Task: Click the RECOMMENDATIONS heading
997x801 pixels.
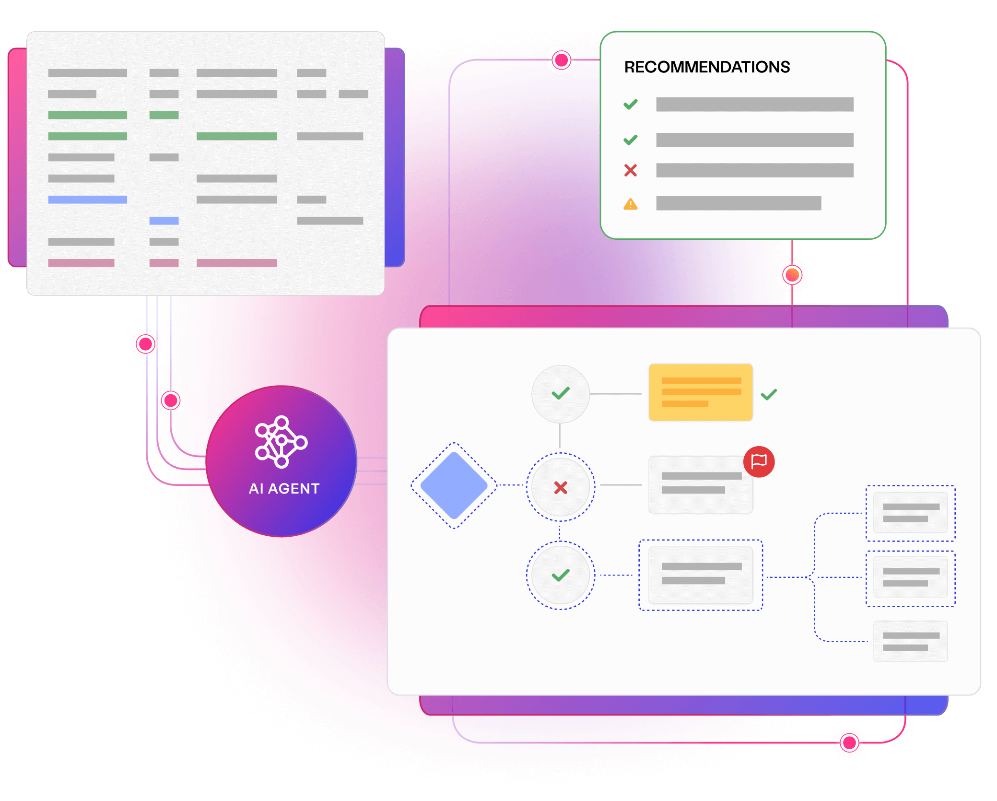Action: click(707, 67)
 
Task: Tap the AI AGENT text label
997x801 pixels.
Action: click(284, 488)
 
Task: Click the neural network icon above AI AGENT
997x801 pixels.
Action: click(281, 442)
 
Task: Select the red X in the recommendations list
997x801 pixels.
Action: click(630, 170)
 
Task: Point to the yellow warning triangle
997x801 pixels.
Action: click(630, 204)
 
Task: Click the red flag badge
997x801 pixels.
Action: click(759, 461)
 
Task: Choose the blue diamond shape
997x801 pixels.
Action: click(454, 485)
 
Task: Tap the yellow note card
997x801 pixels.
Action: click(701, 392)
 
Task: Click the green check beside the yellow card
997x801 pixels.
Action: click(769, 394)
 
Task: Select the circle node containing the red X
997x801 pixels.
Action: click(561, 487)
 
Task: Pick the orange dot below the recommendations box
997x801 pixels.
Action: click(792, 275)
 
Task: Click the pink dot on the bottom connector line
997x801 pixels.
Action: click(849, 742)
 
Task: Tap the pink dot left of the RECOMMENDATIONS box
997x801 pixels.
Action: click(561, 60)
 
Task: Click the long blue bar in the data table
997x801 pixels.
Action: click(87, 200)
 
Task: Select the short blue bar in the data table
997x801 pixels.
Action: click(164, 221)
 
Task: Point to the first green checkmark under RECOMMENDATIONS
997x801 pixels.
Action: click(630, 104)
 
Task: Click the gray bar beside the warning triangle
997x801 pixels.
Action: click(739, 203)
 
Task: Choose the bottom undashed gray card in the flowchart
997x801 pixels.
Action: click(910, 641)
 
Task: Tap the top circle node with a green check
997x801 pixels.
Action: click(561, 394)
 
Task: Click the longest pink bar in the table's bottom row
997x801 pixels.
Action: click(236, 263)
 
